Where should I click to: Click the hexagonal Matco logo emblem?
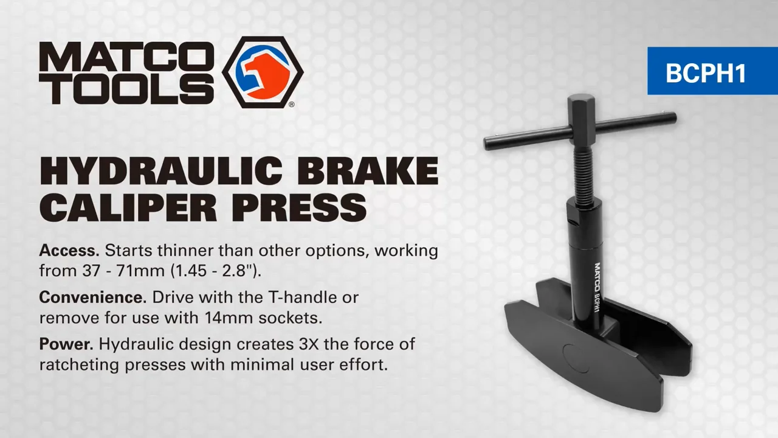[x=263, y=72]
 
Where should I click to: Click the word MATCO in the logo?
[x=126, y=57]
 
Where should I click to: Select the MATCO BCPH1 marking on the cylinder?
[x=597, y=287]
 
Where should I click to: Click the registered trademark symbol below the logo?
[x=291, y=105]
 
